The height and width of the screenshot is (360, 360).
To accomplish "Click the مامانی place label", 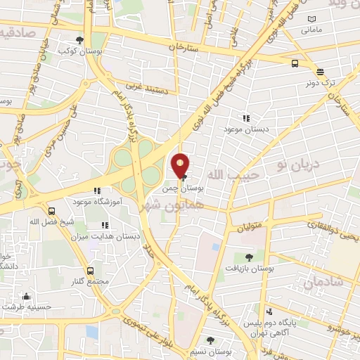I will [x=311, y=30].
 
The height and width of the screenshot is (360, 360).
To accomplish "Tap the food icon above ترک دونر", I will [x=320, y=72].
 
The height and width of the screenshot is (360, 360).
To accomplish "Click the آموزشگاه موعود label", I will [x=98, y=200].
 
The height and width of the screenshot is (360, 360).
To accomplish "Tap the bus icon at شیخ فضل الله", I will [x=51, y=211].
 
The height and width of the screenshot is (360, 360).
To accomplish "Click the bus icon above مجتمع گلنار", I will [x=89, y=271].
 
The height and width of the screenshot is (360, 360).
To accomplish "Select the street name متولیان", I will [x=250, y=227].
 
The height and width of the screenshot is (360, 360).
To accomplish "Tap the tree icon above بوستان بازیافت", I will [x=249, y=257].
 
